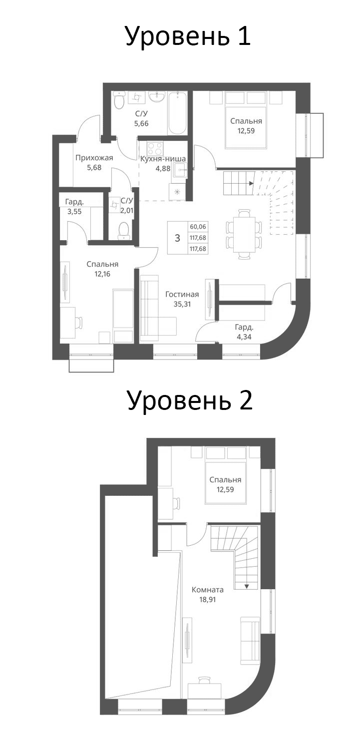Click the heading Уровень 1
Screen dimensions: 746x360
[x=187, y=36]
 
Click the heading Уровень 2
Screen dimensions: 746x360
[x=189, y=400]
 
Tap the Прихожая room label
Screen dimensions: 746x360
[x=94, y=158]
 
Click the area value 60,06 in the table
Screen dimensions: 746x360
[x=198, y=227]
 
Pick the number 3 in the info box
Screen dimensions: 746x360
[x=177, y=238]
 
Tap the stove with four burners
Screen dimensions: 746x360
[x=155, y=149]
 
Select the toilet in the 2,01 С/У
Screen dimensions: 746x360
[x=123, y=230]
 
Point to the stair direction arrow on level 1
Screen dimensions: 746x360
[x=251, y=183]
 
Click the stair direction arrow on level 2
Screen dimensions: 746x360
[x=247, y=586]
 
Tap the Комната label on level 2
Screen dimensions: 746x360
[x=207, y=589]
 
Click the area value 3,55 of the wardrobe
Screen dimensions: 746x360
[x=74, y=211]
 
